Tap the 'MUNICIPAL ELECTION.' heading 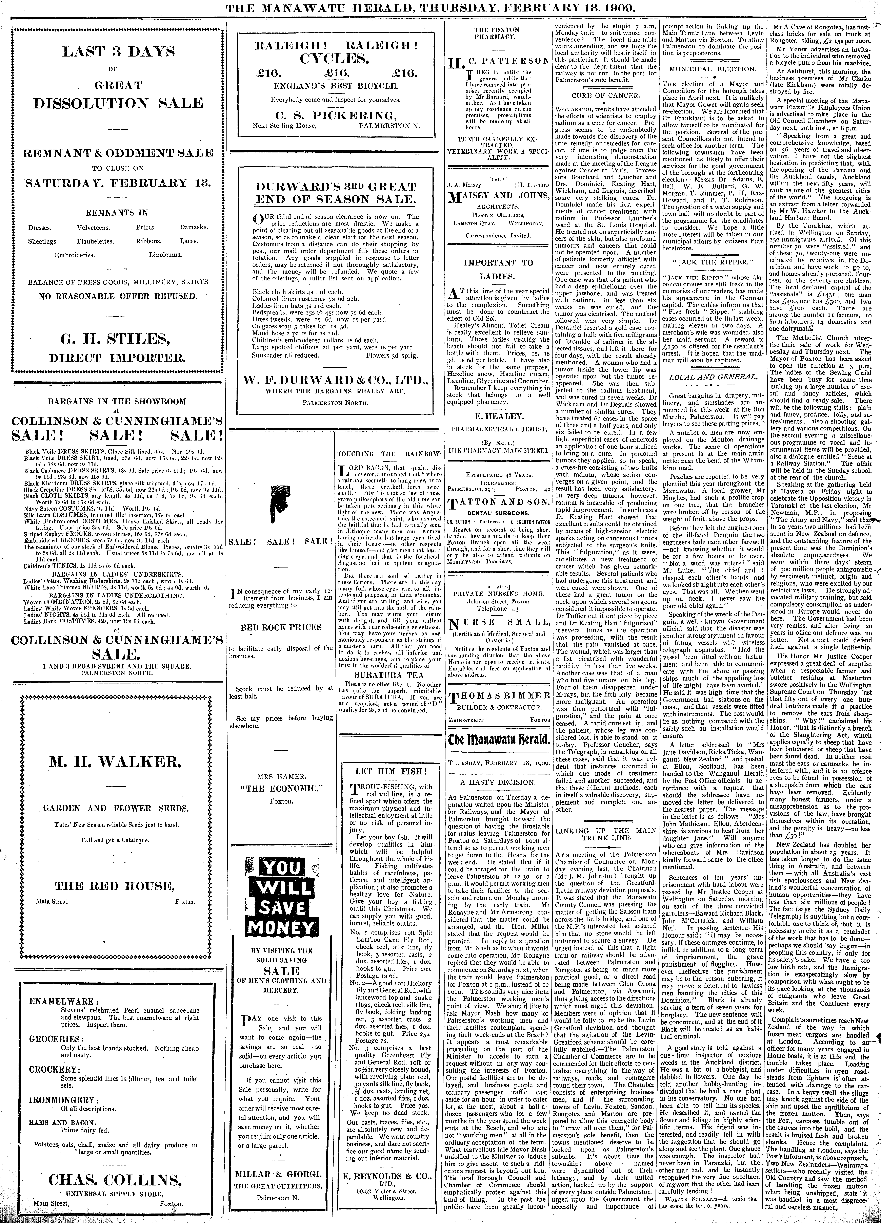click(x=712, y=69)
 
